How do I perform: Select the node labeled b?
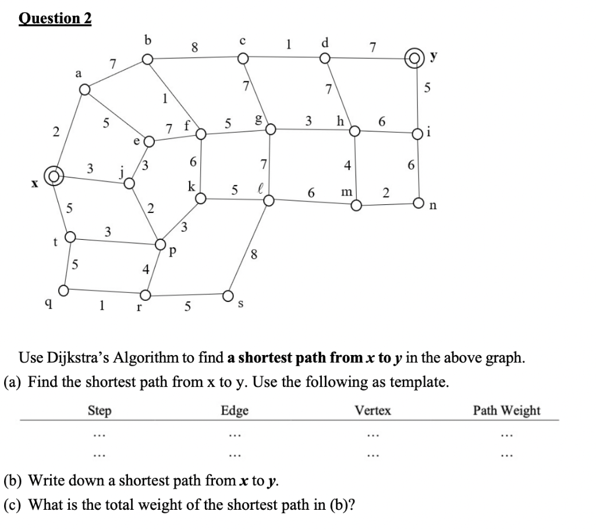tap(148, 59)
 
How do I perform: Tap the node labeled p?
tap(161, 244)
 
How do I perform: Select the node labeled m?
tap(356, 205)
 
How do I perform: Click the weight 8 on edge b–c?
tap(196, 47)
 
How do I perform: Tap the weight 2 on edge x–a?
tap(56, 132)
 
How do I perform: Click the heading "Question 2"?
tap(55, 19)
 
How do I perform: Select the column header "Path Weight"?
tap(506, 410)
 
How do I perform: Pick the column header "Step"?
tap(100, 411)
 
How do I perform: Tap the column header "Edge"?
tap(235, 411)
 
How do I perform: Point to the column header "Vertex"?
tap(373, 411)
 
